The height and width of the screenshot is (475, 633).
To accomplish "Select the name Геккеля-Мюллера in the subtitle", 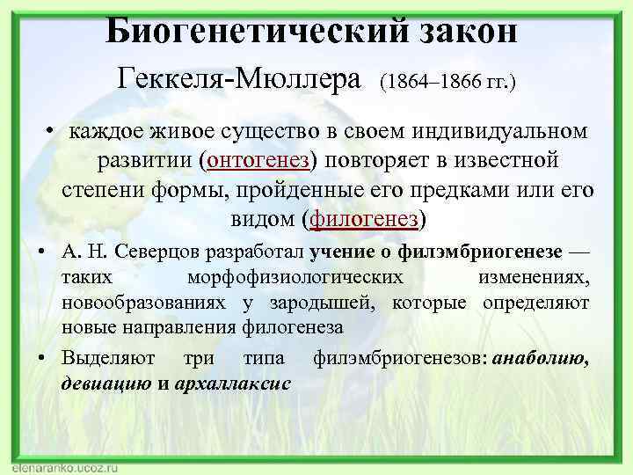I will click(x=240, y=79).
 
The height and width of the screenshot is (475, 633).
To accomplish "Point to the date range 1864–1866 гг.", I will click(x=447, y=81).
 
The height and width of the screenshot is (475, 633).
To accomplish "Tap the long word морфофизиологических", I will click(x=296, y=277).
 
